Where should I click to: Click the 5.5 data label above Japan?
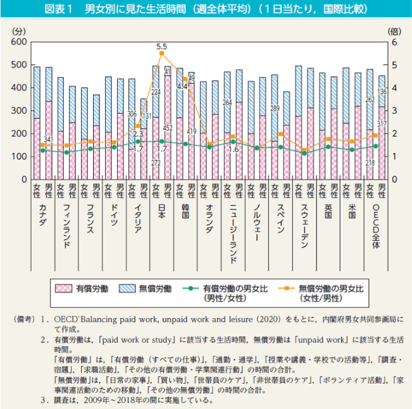click(161, 46)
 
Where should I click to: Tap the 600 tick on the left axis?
click(18, 42)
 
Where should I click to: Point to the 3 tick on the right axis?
click(394, 111)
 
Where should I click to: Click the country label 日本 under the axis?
click(161, 214)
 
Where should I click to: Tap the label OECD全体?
click(375, 226)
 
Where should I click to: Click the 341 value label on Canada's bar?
click(48, 139)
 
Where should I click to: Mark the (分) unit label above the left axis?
click(19, 30)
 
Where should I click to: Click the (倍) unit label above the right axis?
click(394, 30)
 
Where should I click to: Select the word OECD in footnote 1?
click(65, 320)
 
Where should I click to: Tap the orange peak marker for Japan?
click(161, 53)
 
